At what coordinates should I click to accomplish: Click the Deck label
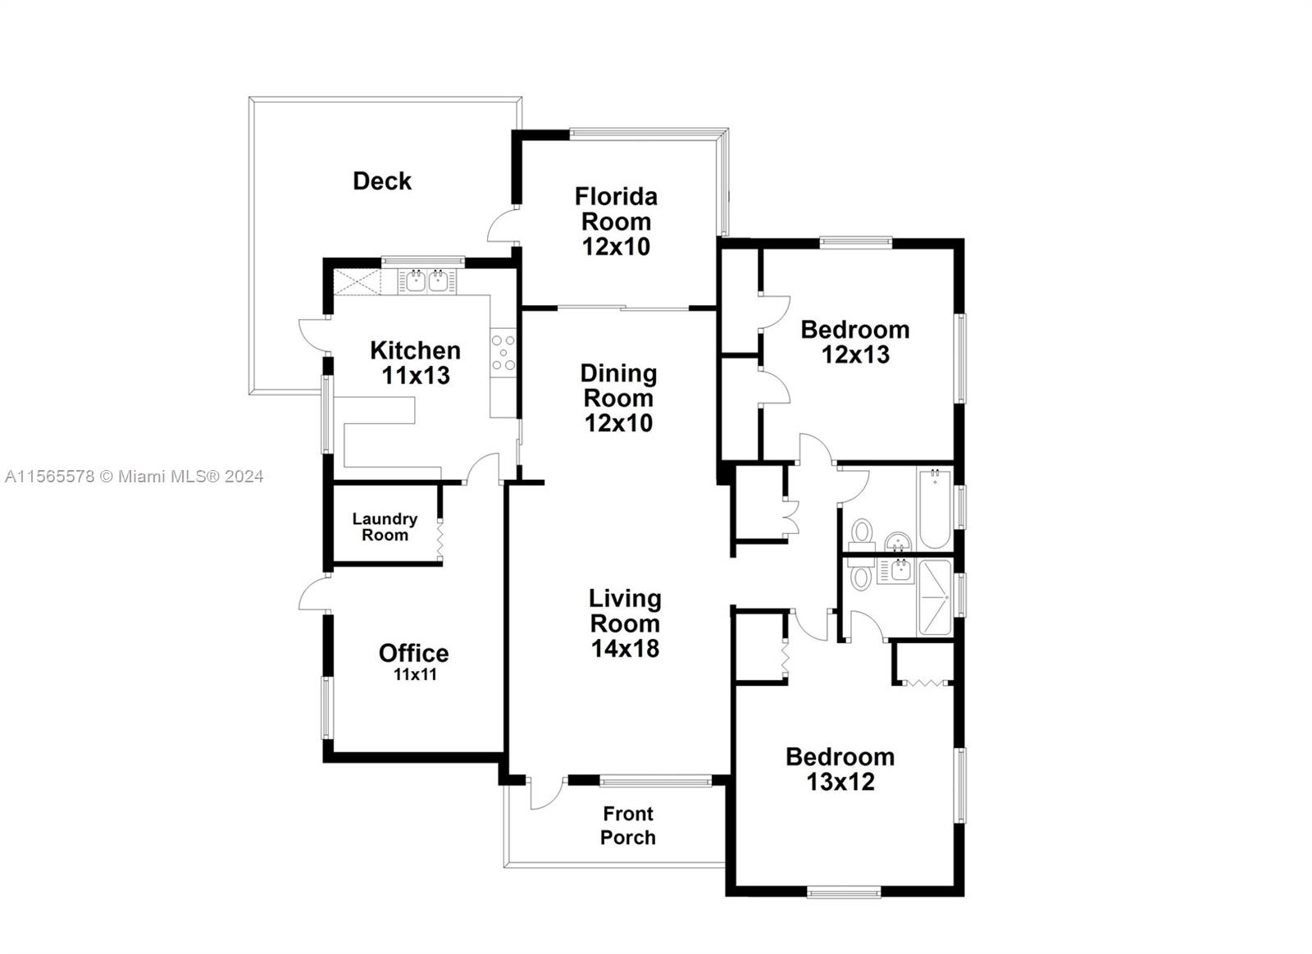382,181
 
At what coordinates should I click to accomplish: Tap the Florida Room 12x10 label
616,221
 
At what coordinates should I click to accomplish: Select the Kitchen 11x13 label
415,363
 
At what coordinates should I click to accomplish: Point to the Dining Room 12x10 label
618,398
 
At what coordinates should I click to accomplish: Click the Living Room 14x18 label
625,623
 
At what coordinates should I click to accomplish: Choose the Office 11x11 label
414,662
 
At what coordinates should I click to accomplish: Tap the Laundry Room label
385,527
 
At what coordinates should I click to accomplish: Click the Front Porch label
628,826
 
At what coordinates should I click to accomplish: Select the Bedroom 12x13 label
855,341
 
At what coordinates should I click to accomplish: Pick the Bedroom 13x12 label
840,769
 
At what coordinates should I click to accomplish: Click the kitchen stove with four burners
503,353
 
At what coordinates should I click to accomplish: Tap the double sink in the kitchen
427,281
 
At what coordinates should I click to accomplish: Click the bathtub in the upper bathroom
935,508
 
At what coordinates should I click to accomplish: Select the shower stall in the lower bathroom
936,597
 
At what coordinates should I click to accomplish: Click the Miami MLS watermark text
134,477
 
